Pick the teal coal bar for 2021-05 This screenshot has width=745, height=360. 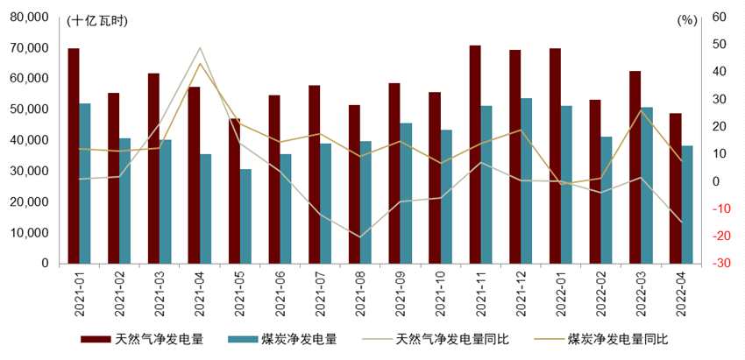click(x=246, y=215)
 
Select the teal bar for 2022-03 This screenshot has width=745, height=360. click(x=647, y=185)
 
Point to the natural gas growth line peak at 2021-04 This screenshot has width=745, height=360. click(x=199, y=47)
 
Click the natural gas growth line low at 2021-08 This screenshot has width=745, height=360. click(x=359, y=236)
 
